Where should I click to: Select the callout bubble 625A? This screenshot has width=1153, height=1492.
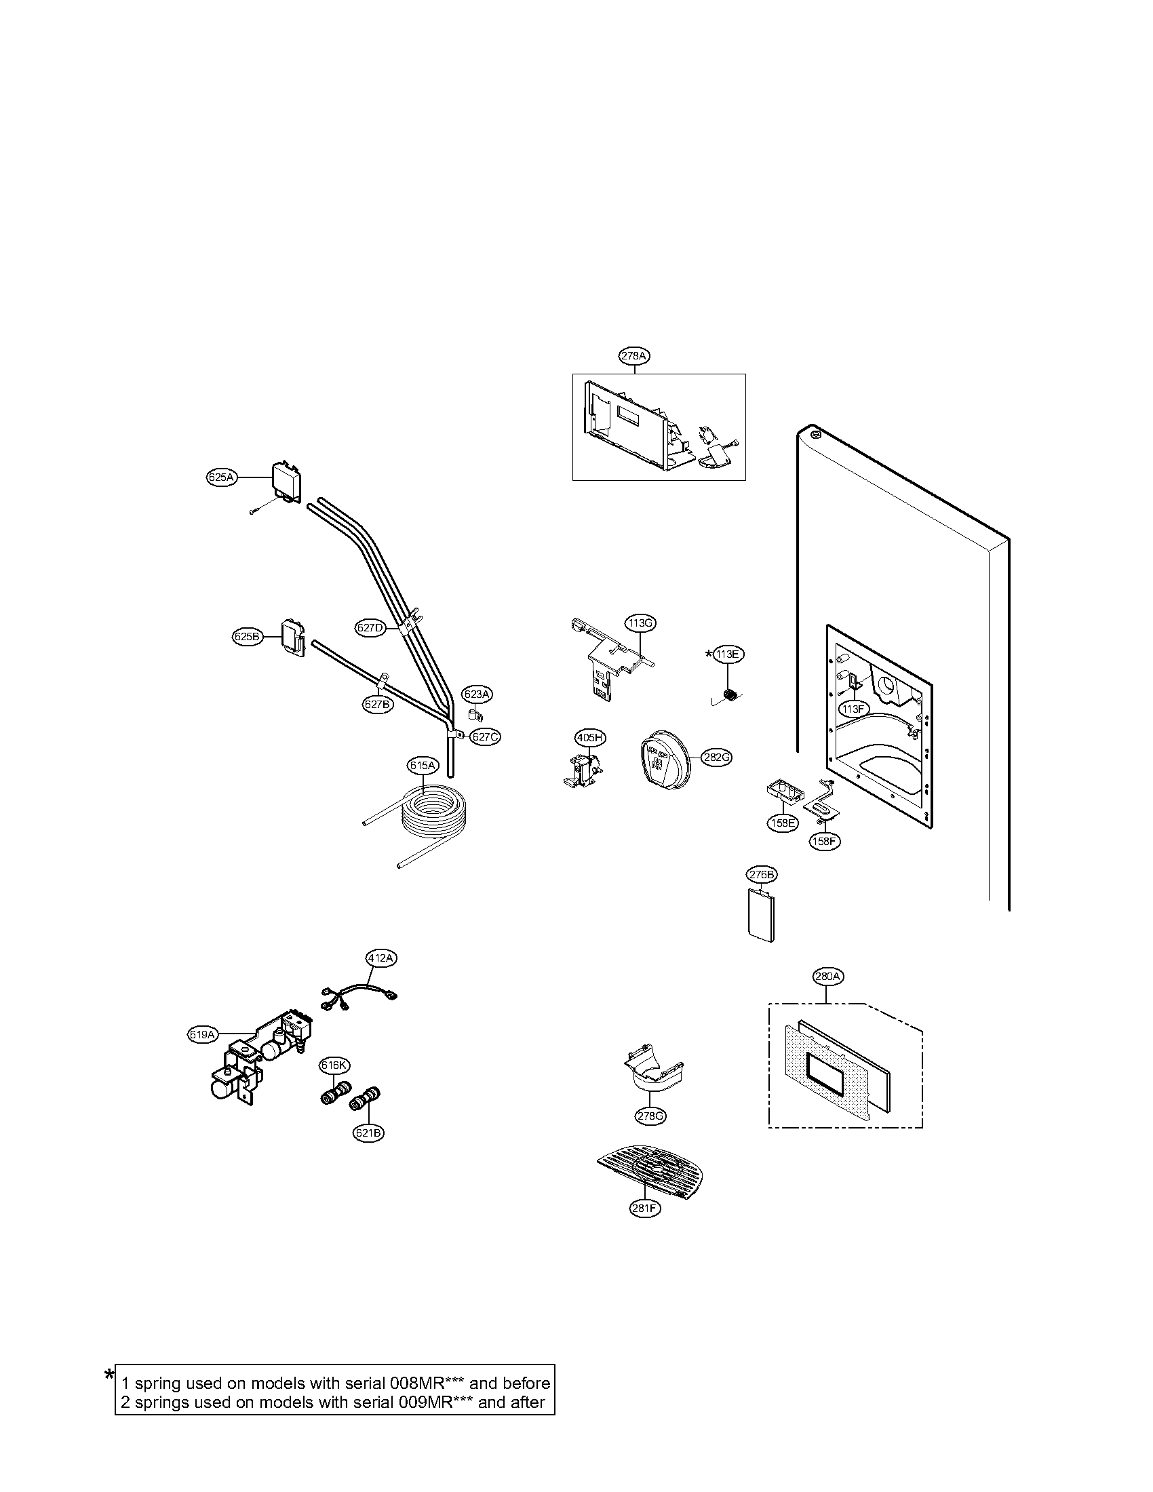pyautogui.click(x=220, y=477)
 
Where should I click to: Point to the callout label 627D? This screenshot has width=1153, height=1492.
pyautogui.click(x=370, y=627)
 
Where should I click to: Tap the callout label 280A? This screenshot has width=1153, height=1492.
pyautogui.click(x=827, y=976)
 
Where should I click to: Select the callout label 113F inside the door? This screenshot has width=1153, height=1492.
pyautogui.click(x=853, y=709)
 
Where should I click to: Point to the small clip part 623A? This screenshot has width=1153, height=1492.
pyautogui.click(x=475, y=715)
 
